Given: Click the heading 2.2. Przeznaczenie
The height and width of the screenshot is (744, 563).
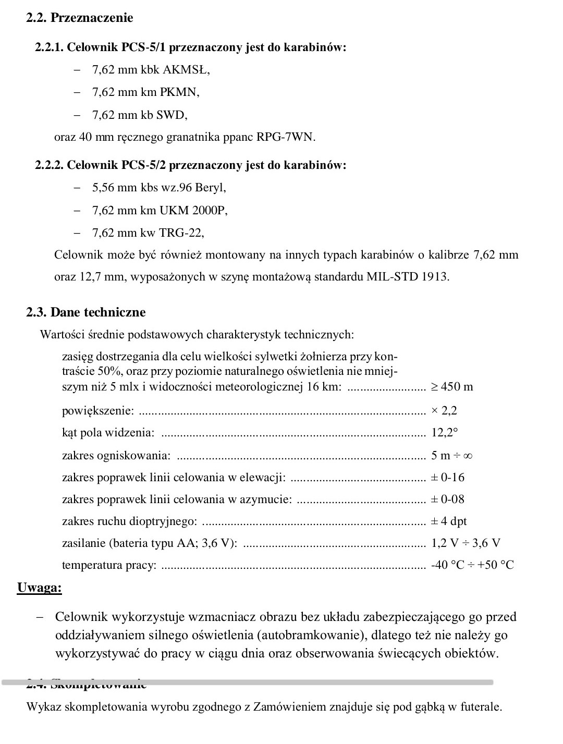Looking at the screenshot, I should pos(80,18).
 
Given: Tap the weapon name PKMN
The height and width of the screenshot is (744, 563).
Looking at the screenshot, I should pos(180,92).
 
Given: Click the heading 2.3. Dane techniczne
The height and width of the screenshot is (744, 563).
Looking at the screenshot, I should pos(86,312).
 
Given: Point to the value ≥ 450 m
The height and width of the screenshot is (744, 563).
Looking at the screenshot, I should pos(452,387).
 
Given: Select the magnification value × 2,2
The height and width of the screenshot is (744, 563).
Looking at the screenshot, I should pos(444,410).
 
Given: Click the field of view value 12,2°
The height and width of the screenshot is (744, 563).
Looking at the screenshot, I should pos(444,433).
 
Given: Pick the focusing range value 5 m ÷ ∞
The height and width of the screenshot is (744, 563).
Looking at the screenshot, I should pos(452,455).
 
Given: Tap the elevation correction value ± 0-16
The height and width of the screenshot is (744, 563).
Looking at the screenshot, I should pos(448,477).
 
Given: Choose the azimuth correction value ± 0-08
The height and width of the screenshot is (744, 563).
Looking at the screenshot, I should pos(448,499).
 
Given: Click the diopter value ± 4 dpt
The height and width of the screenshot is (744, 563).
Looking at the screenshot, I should pos(449,521).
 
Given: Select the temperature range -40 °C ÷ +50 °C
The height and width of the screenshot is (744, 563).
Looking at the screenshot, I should pos(472,565).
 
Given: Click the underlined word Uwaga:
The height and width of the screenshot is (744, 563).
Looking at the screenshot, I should pos(39,588).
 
